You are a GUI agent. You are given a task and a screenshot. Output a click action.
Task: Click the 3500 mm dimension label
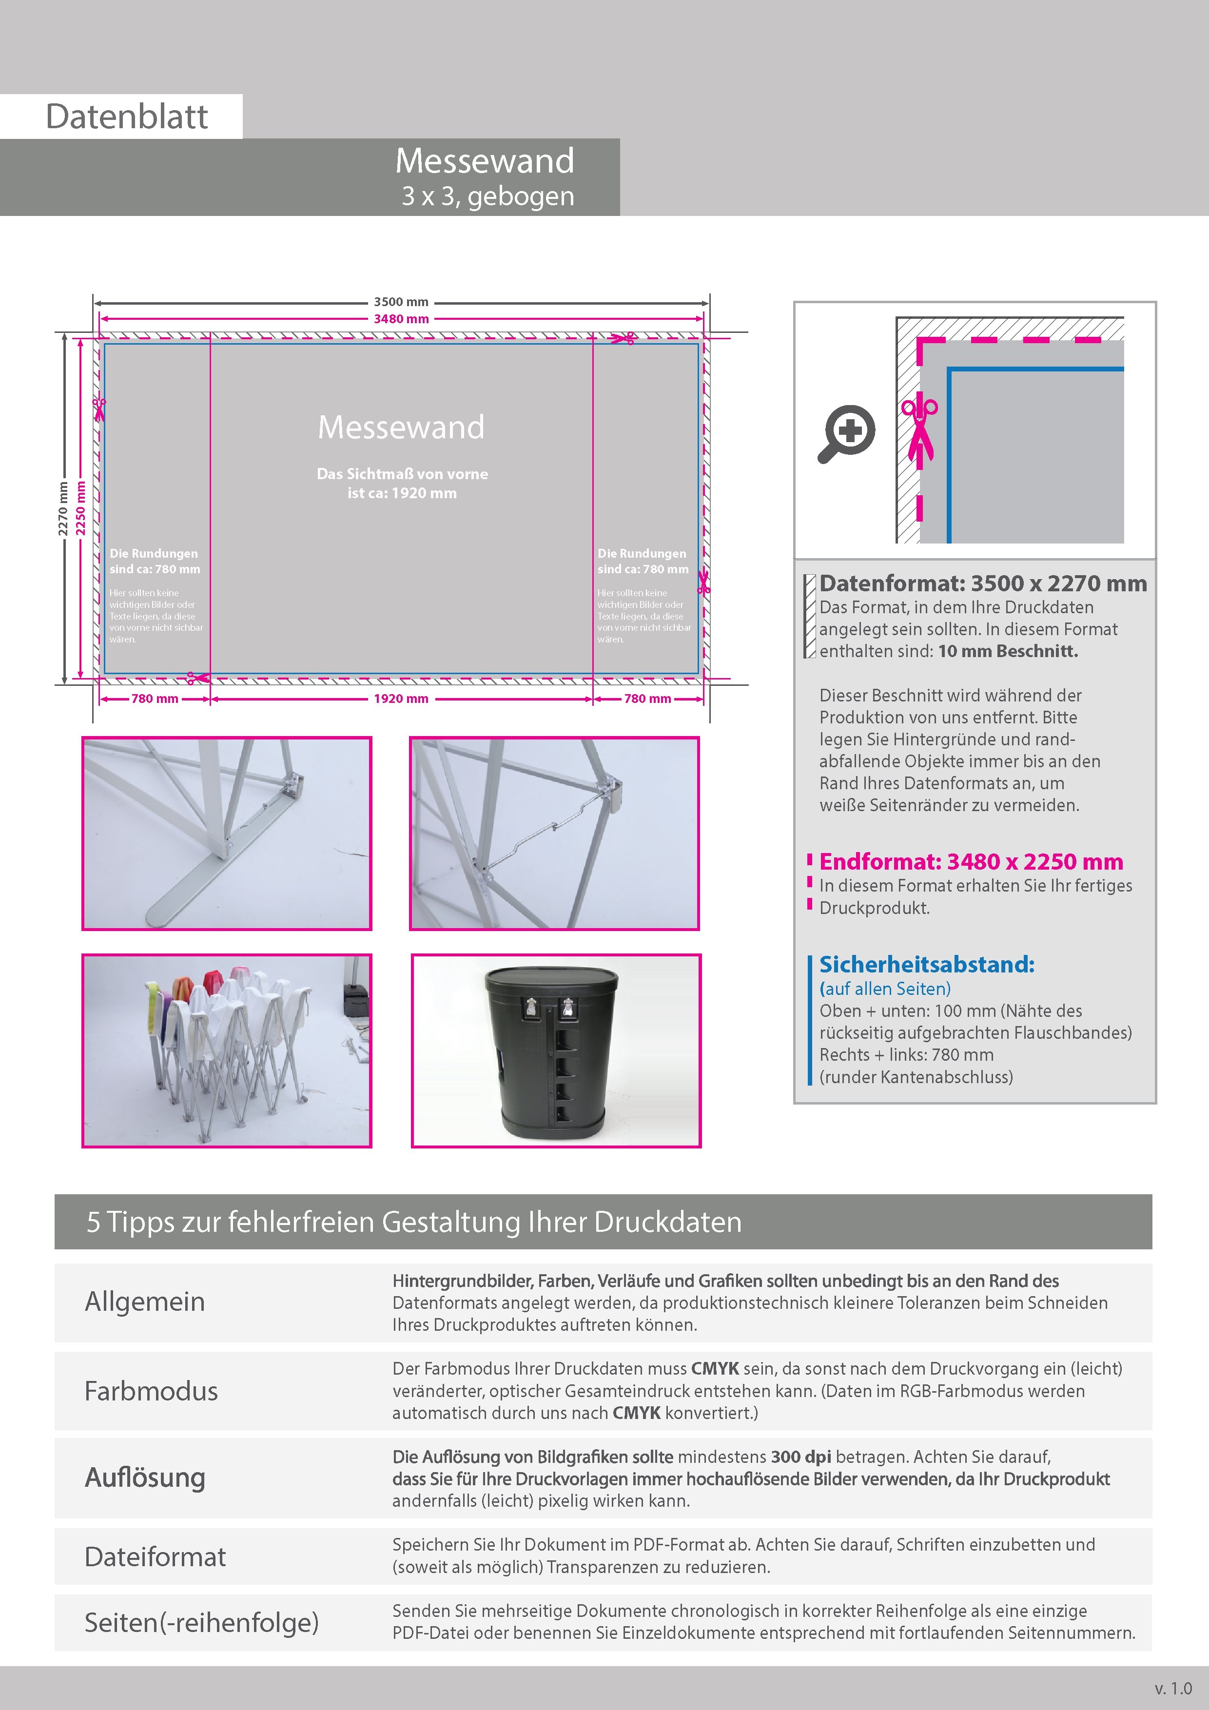(401, 302)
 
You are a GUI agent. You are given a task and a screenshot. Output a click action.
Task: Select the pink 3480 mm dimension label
(401, 319)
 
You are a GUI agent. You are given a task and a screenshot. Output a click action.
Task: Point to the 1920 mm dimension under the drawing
(401, 699)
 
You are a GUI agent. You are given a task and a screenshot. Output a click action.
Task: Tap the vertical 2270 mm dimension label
(63, 509)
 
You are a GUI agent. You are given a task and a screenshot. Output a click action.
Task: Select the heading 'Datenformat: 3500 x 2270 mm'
(982, 584)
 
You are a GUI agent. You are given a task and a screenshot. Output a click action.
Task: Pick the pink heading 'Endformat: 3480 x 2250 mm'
(971, 862)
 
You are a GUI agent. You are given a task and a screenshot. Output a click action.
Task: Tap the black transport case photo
(556, 1050)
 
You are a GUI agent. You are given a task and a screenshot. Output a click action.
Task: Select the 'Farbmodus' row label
(151, 1391)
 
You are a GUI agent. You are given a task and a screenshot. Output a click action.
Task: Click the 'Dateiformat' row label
(155, 1556)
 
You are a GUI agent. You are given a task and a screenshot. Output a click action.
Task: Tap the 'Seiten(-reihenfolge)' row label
(201, 1622)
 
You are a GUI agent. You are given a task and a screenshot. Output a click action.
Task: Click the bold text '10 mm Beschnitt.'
(1008, 651)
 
